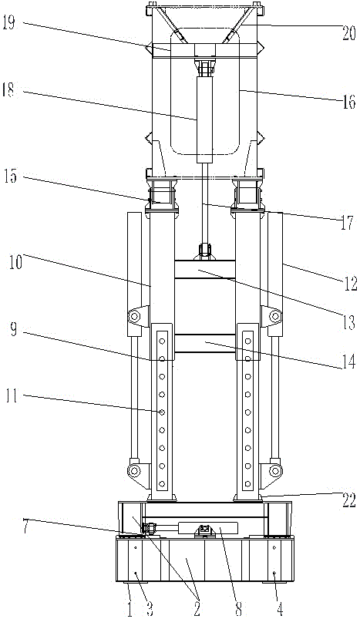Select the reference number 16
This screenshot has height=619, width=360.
click(x=348, y=103)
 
